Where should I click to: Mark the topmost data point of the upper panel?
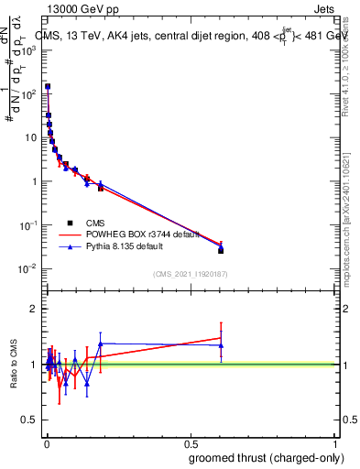click(x=48, y=87)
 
